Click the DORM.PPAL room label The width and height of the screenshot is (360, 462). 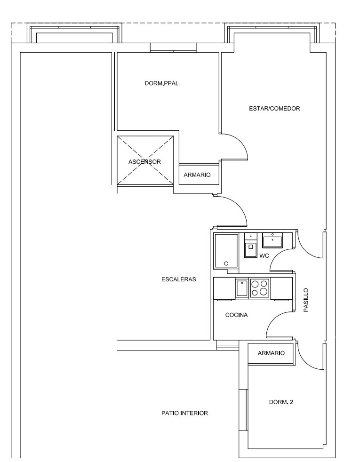click(x=161, y=83)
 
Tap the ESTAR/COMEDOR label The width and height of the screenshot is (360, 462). click(x=274, y=108)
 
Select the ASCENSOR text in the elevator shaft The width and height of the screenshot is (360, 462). click(x=144, y=162)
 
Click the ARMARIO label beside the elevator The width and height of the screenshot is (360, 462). click(x=197, y=175)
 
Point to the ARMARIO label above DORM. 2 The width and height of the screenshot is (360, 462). click(x=271, y=353)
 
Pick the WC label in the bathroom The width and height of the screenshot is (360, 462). click(x=264, y=256)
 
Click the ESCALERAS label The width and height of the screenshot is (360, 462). click(x=178, y=279)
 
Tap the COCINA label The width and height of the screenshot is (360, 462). click(x=236, y=315)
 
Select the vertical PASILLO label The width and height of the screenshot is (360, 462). click(x=306, y=300)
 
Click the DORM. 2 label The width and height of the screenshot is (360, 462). click(x=281, y=402)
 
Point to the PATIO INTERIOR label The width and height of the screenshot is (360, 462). click(x=184, y=413)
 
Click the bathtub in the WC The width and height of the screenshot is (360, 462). click(x=226, y=251)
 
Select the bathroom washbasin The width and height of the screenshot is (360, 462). click(x=272, y=240)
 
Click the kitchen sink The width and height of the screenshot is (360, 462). click(x=242, y=288)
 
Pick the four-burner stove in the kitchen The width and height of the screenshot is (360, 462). click(x=260, y=288)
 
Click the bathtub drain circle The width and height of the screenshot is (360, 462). click(x=226, y=263)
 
